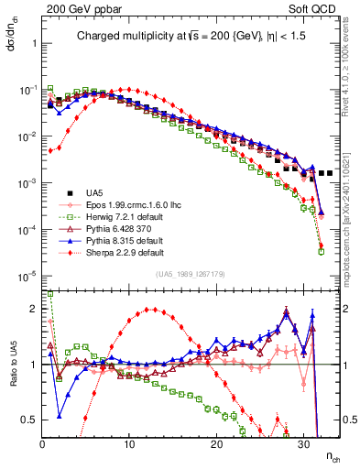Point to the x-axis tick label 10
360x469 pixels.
129,444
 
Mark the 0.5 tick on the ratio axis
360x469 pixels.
31,420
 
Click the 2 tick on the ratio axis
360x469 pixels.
35,309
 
